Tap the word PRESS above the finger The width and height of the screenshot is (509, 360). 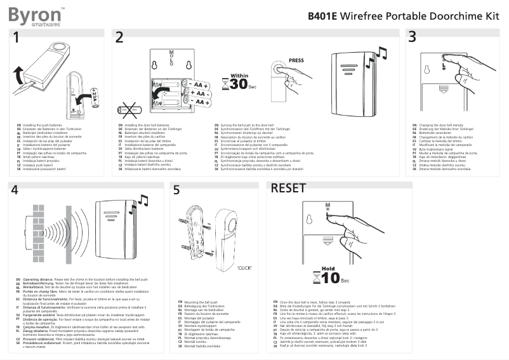[x=296, y=61]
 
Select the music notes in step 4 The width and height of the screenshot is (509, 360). [x=143, y=203]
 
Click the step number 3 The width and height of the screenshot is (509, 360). [x=413, y=37]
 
